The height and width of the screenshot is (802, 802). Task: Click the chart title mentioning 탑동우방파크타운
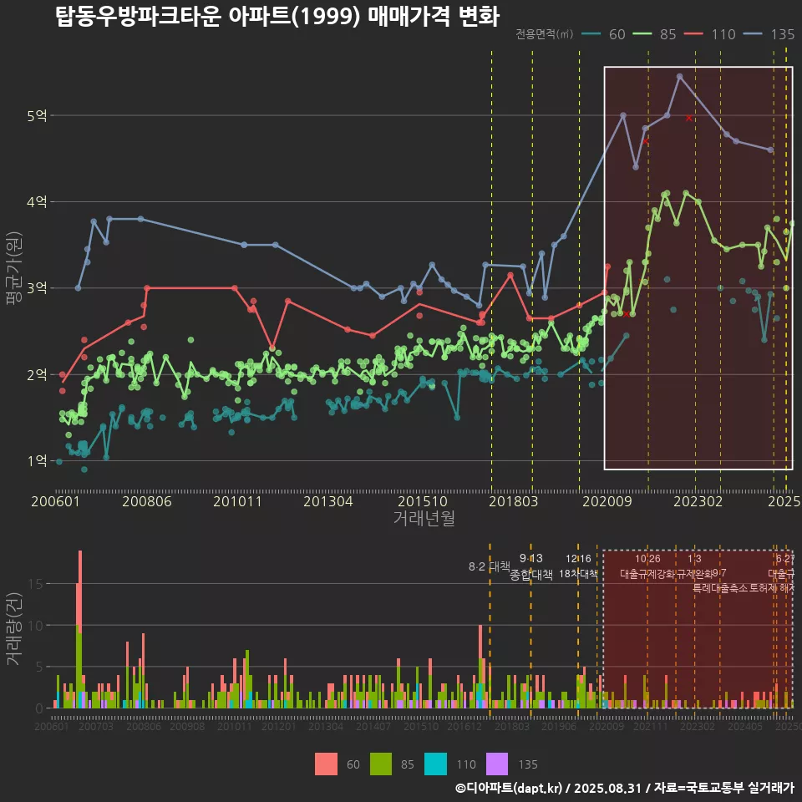pyautogui.click(x=277, y=17)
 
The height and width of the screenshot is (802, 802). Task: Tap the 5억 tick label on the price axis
pyautogui.click(x=37, y=115)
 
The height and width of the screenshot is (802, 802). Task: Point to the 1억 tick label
pyautogui.click(x=37, y=460)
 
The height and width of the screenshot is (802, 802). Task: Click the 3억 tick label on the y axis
pyautogui.click(x=37, y=288)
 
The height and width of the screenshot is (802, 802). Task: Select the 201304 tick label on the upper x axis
pyautogui.click(x=327, y=501)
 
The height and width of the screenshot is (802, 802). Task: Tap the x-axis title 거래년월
pyautogui.click(x=424, y=519)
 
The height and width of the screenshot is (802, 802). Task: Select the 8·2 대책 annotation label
pyautogui.click(x=490, y=566)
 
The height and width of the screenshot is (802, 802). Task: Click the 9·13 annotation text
pyautogui.click(x=531, y=558)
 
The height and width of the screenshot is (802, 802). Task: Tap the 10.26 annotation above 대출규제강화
pyautogui.click(x=647, y=558)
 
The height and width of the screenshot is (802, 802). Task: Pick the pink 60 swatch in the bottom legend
pyautogui.click(x=327, y=764)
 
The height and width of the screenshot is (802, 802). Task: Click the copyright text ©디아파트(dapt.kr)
pyautogui.click(x=509, y=788)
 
